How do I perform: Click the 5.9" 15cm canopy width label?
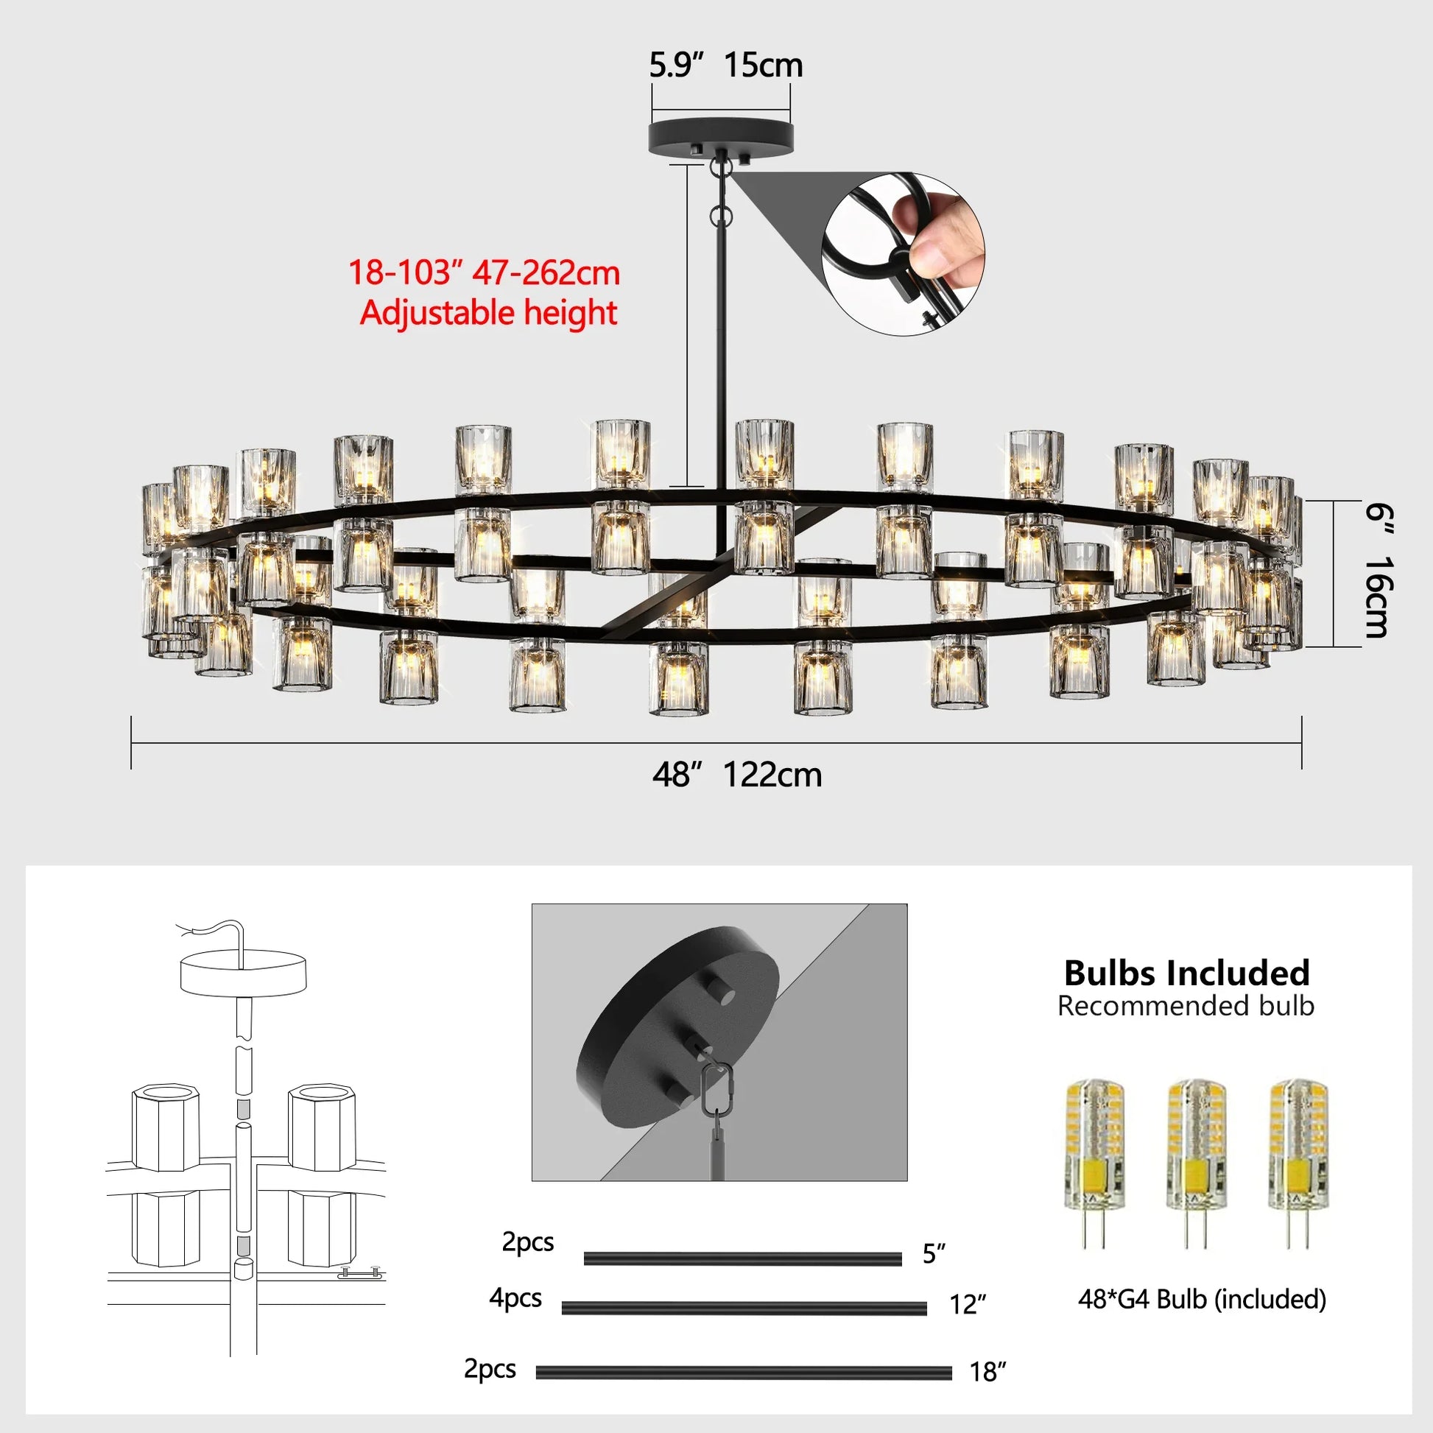[725, 66]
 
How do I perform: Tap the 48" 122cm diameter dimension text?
[736, 775]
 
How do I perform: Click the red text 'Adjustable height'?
[488, 312]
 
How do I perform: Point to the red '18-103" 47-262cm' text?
[484, 272]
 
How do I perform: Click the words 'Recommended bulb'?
[1186, 1006]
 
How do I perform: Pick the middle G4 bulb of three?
[1196, 1159]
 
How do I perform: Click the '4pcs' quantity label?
[515, 1298]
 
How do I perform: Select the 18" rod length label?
[987, 1372]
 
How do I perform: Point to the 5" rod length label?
[934, 1253]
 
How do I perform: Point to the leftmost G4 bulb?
[1094, 1159]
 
